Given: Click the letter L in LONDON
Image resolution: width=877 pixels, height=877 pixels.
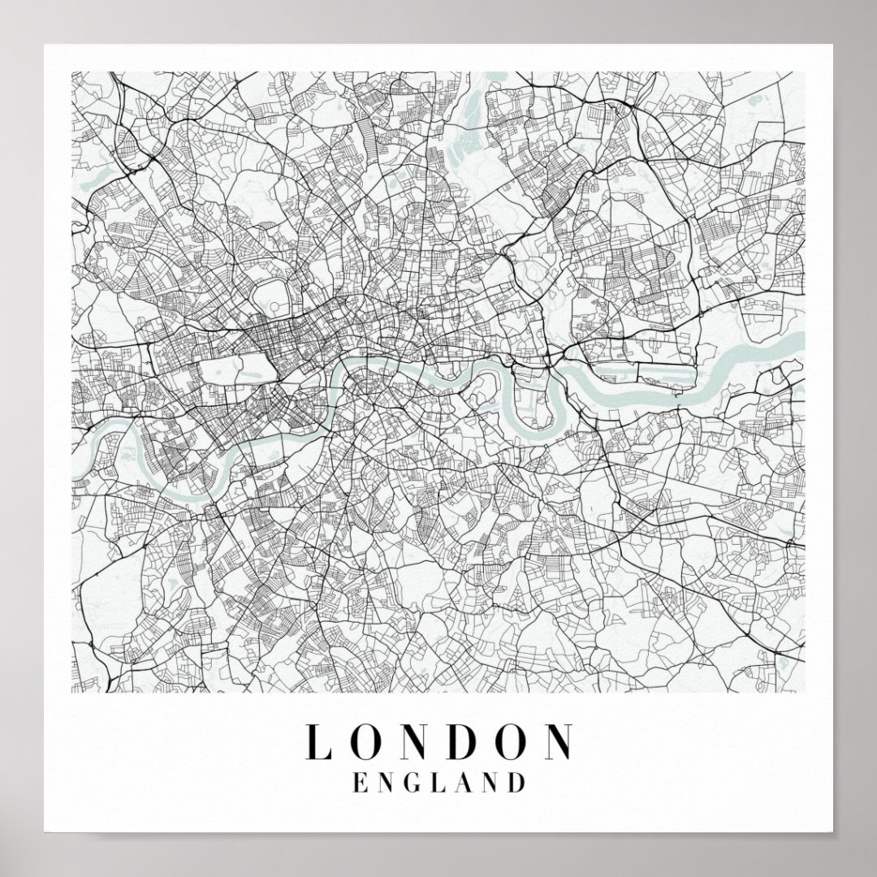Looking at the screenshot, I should pos(317,741).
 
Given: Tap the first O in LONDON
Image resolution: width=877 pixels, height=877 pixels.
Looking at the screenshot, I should pos(365,741).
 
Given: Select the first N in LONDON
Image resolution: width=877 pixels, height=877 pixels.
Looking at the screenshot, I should pos(417,741).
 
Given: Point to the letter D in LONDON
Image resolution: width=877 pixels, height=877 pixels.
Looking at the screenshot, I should pos(467,741).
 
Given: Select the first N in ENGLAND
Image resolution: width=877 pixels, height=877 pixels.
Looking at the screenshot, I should pos(387,783).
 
